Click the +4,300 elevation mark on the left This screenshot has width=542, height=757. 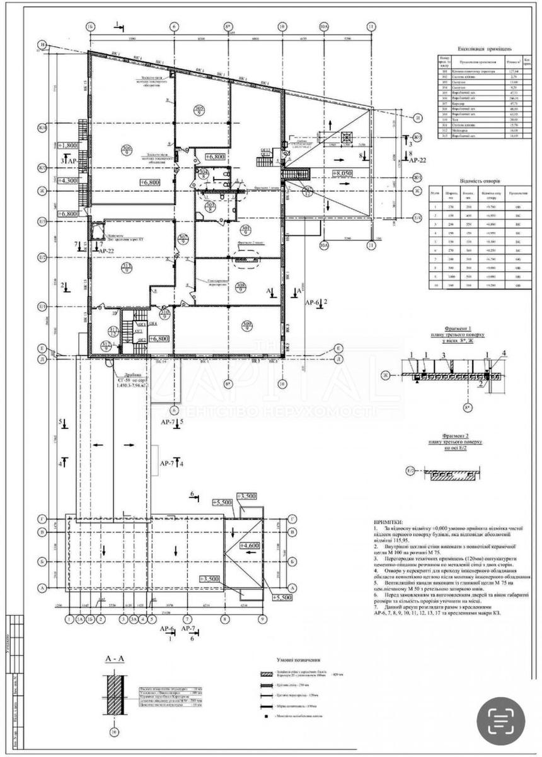tap(69, 180)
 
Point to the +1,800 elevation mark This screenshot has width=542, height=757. tap(67, 145)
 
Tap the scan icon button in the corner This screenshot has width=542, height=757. tap(501, 719)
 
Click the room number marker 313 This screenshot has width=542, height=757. tap(127, 271)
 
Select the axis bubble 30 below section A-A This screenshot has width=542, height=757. tap(114, 732)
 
